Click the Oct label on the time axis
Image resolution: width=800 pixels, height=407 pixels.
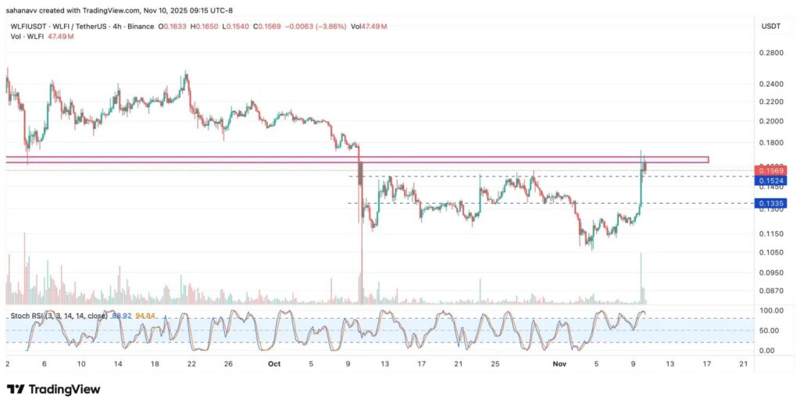tap(273, 363)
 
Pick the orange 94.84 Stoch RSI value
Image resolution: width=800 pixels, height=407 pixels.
tap(145, 316)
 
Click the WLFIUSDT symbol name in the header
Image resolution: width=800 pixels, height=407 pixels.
tap(27, 27)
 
